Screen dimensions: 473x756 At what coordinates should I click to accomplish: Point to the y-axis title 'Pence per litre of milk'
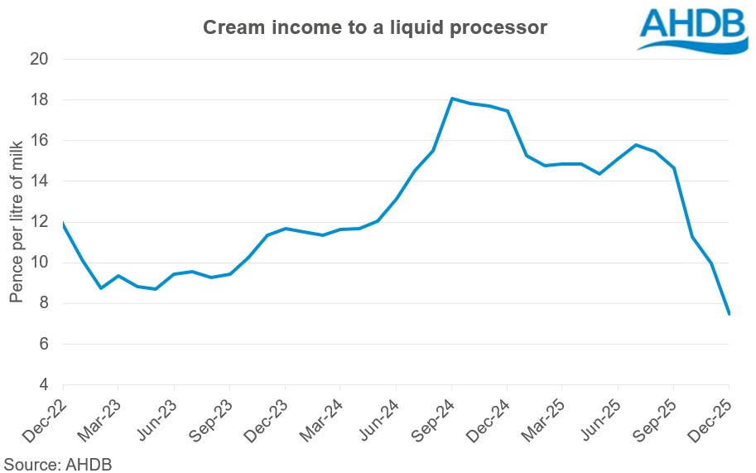17,222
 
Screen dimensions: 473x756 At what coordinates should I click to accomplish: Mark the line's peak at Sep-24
451,99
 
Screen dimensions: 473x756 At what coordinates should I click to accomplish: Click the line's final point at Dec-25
729,314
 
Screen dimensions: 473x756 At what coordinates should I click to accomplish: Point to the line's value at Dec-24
507,111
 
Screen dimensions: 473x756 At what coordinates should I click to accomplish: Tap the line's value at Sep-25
673,168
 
